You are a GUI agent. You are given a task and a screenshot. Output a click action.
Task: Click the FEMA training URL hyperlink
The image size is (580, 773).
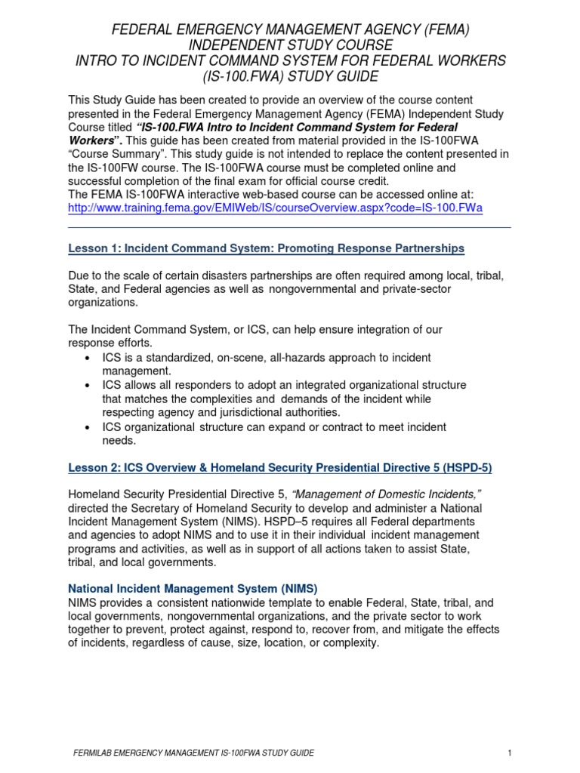(x=276, y=208)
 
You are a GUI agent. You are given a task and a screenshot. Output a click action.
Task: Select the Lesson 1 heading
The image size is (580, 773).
(x=267, y=248)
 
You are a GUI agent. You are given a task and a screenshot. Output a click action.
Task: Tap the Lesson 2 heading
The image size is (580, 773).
(x=280, y=467)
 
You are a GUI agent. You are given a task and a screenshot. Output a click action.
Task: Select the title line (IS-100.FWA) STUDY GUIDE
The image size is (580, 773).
(x=291, y=77)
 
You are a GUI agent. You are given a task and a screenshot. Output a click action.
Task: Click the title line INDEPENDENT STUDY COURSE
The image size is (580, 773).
(x=291, y=45)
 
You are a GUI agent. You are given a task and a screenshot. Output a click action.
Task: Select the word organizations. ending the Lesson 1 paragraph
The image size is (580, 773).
(x=103, y=302)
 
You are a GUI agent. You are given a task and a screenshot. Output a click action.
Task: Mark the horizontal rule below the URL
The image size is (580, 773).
(x=290, y=226)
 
